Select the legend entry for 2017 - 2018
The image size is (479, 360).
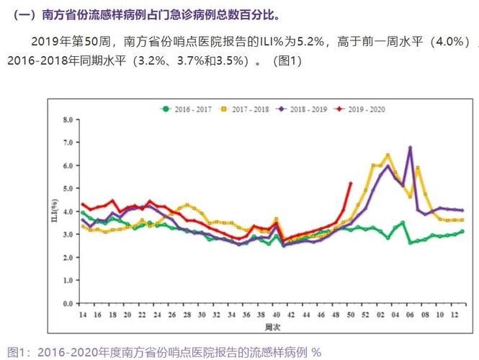point(245,109)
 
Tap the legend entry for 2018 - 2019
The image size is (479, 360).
point(304,109)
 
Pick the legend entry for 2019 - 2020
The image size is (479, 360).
point(362,109)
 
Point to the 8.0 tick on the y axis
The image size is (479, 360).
point(68,120)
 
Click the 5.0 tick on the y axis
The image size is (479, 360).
point(68,189)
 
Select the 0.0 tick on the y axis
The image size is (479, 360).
point(68,305)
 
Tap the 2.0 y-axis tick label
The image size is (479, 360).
point(68,258)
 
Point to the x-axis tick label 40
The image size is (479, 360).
point(276,315)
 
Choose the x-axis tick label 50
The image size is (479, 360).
point(350,315)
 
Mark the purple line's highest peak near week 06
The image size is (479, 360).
point(410,148)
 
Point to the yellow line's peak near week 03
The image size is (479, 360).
point(388,155)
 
